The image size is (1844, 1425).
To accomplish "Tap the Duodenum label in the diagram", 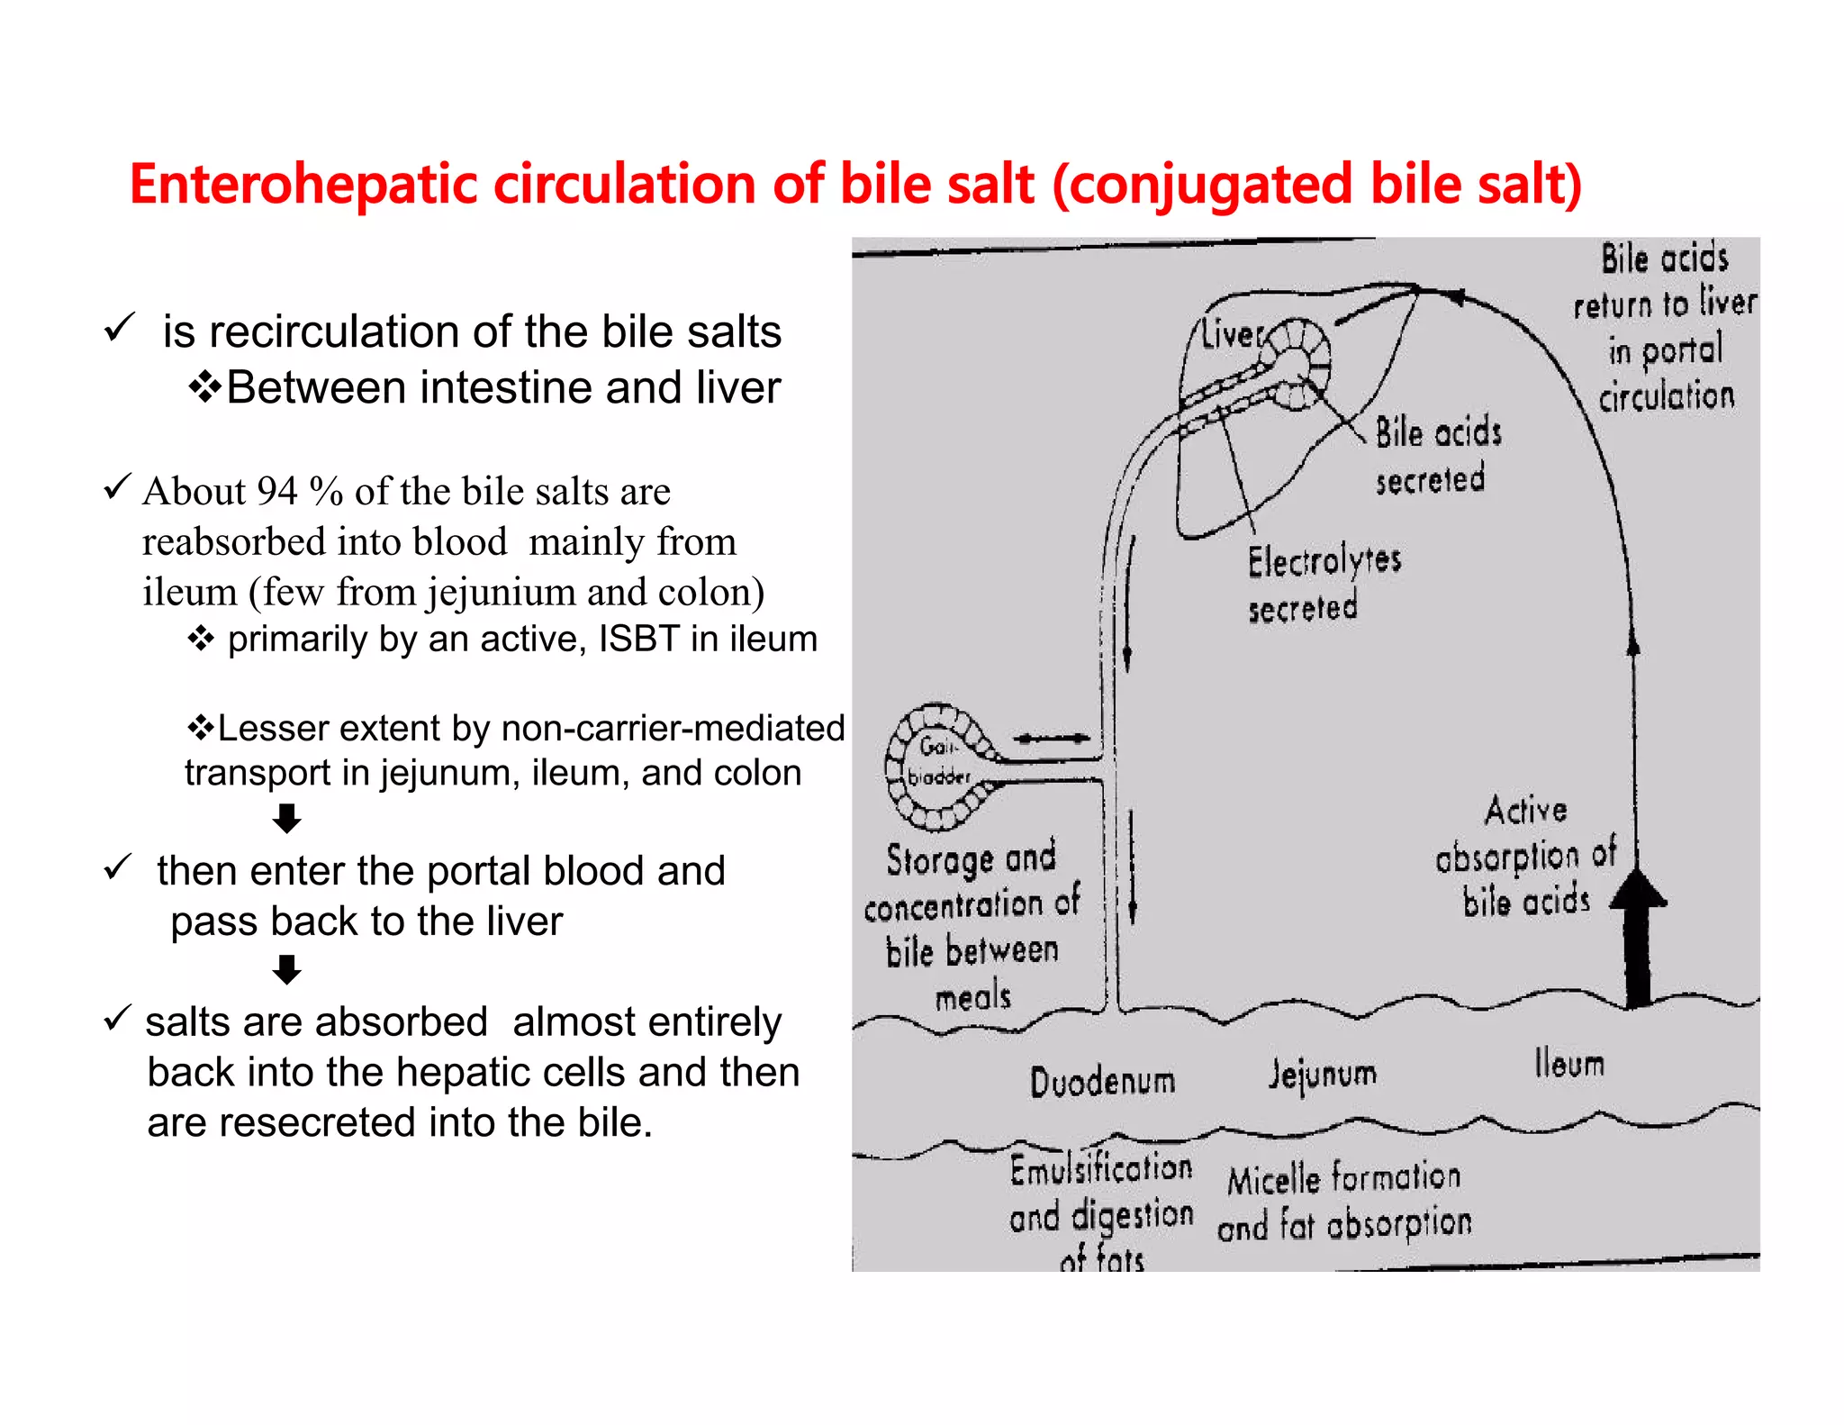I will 1102,1081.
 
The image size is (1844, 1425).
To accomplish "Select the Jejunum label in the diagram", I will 1322,1074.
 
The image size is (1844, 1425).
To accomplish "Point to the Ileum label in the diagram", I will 1569,1064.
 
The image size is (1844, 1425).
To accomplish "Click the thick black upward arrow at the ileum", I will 1638,937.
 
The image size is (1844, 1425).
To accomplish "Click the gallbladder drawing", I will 936,766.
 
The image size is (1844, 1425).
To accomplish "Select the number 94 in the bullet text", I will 276,492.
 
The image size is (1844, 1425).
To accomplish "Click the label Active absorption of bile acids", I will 1525,856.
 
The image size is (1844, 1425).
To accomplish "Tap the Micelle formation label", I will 1343,1178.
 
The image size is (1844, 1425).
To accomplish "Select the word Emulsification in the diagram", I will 1100,1170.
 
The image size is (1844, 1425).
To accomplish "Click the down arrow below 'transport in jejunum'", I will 286,819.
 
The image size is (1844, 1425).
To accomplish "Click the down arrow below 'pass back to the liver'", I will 286,970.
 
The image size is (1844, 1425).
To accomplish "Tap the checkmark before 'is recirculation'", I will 119,327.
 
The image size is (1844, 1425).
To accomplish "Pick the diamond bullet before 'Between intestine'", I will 204,388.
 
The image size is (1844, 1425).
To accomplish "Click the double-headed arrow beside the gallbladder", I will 1051,739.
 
